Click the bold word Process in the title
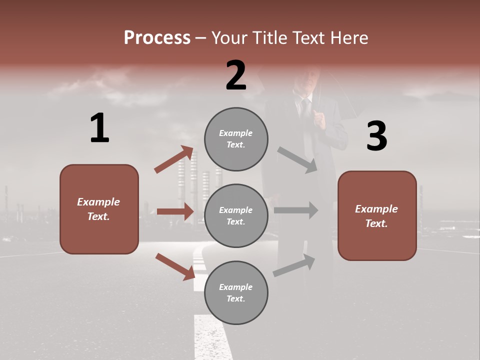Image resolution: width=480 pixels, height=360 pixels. click(157, 37)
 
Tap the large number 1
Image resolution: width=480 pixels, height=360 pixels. click(99, 128)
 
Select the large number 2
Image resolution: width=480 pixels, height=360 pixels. click(236, 75)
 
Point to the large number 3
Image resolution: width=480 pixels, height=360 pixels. click(376, 136)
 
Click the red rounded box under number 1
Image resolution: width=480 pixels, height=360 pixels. click(99, 209)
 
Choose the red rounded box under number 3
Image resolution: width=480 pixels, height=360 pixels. click(377, 215)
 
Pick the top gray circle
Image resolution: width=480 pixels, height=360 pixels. click(236, 138)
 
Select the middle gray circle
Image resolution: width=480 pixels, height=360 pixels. click(236, 215)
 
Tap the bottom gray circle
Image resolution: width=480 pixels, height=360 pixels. click(236, 292)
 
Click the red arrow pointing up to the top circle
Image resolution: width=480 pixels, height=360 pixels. click(174, 159)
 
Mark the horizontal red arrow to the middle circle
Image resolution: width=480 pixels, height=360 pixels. click(175, 211)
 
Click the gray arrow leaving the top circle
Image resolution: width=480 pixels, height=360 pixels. click(297, 160)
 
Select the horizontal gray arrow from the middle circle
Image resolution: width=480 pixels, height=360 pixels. click(296, 210)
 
